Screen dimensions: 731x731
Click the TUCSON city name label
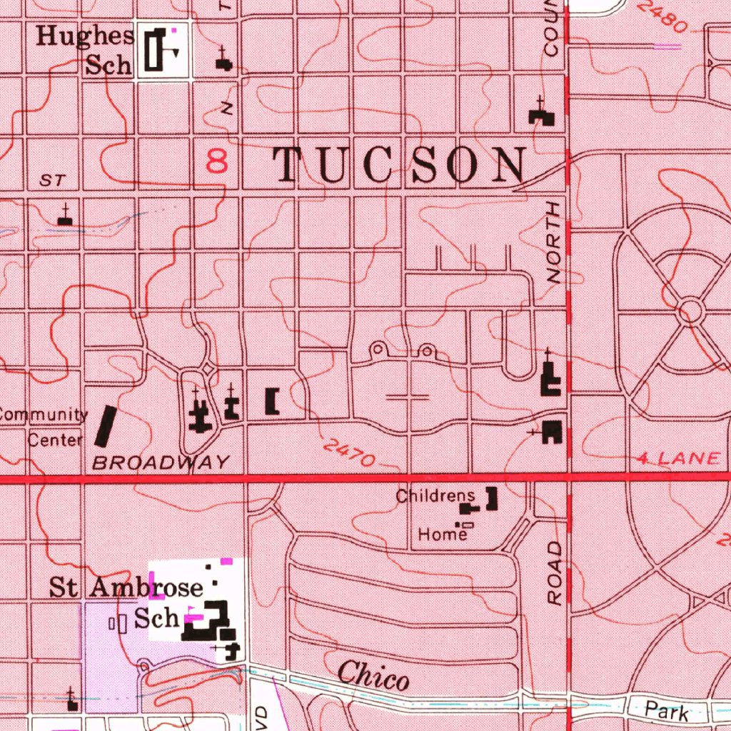click(x=400, y=166)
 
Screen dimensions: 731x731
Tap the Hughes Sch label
click(x=85, y=50)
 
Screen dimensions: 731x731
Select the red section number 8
click(x=217, y=161)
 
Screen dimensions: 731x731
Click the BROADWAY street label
click(x=161, y=463)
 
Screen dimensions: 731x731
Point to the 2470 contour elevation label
click(x=348, y=453)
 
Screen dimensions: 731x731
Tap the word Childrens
click(x=435, y=495)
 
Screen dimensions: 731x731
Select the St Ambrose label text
click(x=126, y=588)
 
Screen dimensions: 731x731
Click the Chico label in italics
click(x=373, y=675)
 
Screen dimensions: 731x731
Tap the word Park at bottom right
click(x=667, y=711)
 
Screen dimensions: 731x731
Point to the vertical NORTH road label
click(x=555, y=243)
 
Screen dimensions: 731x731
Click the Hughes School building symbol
click(x=154, y=49)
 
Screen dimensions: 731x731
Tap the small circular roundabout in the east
click(x=690, y=311)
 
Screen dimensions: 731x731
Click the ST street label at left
click(x=52, y=181)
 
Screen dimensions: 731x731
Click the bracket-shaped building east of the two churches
click(x=272, y=401)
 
